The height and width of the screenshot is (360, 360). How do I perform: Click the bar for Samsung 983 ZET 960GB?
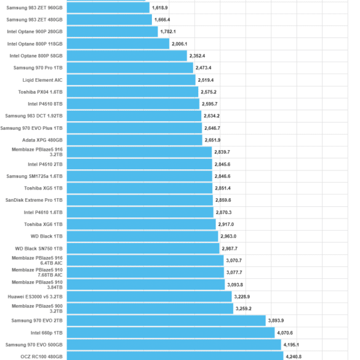click(x=108, y=7)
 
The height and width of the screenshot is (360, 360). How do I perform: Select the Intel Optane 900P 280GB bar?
click(x=112, y=31)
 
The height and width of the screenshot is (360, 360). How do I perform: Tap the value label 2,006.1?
click(x=180, y=44)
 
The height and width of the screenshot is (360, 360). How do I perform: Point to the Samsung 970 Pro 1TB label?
click(x=38, y=68)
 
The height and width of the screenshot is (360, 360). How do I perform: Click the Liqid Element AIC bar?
click(x=131, y=80)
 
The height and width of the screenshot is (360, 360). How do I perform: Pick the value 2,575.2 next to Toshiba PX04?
click(x=209, y=92)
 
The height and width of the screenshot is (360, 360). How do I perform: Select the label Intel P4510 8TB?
click(x=45, y=104)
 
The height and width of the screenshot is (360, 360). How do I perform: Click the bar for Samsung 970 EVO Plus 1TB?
click(x=134, y=128)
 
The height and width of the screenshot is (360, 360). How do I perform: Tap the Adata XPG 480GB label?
click(x=42, y=140)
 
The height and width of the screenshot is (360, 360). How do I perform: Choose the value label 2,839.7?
click(x=222, y=152)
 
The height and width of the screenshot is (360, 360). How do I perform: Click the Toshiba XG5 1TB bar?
click(x=140, y=188)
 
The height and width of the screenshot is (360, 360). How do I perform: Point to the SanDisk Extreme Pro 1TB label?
click(x=34, y=200)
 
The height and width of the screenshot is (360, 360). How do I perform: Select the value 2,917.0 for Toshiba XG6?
click(x=226, y=225)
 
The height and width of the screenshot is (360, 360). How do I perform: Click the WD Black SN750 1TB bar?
click(x=143, y=249)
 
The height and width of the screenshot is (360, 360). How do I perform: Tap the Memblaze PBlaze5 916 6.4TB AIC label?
click(x=37, y=260)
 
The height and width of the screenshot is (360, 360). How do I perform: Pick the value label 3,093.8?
click(x=235, y=285)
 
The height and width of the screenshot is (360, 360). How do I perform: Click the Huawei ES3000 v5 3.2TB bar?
click(x=150, y=297)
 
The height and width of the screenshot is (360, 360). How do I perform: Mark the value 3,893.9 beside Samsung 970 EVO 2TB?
click(x=276, y=321)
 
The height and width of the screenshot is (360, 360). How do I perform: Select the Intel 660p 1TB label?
click(x=47, y=333)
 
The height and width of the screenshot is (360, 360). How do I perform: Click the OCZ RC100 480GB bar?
click(x=175, y=356)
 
